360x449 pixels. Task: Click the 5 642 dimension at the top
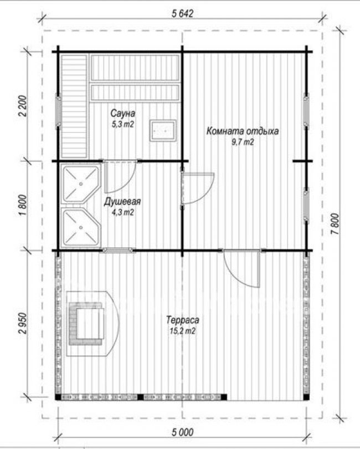click(x=183, y=13)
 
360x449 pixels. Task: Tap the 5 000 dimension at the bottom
click(x=183, y=432)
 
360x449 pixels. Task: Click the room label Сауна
click(x=123, y=114)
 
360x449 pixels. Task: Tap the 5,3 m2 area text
click(x=123, y=124)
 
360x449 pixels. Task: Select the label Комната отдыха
click(x=243, y=131)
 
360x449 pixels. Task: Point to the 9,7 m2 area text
click(x=243, y=142)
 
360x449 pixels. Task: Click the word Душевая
click(x=122, y=202)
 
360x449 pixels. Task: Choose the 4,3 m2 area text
click(x=122, y=212)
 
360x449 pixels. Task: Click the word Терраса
click(x=183, y=320)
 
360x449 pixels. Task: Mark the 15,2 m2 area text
click(x=183, y=331)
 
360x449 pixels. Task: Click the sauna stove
click(x=163, y=130)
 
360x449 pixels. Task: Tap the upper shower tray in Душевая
click(x=81, y=184)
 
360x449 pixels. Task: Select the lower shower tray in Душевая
click(x=81, y=227)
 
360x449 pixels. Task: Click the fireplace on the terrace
click(x=92, y=324)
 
